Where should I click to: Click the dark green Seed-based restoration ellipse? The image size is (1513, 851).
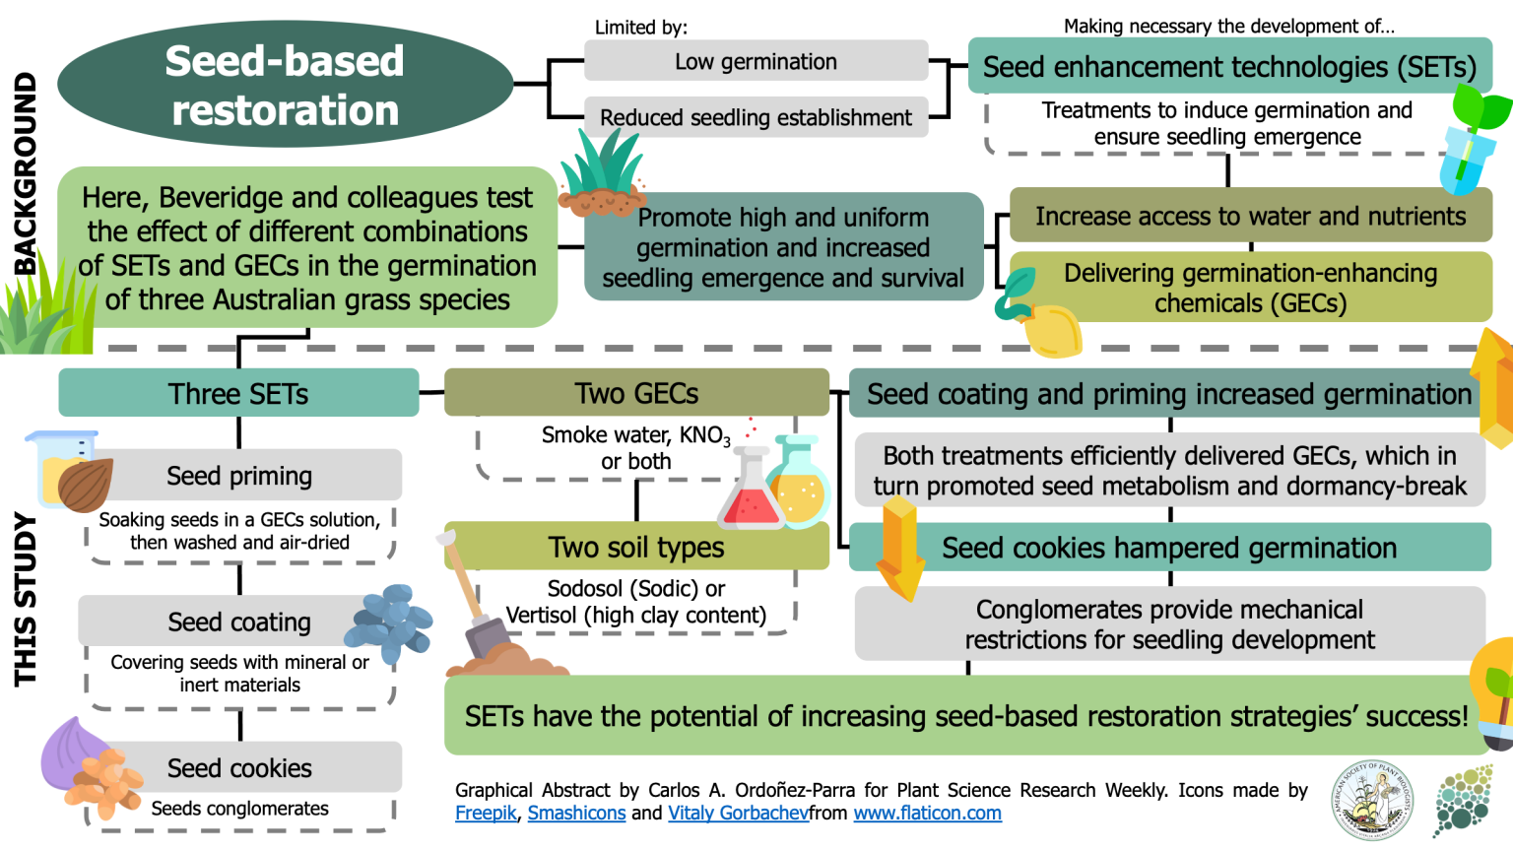pos(285,85)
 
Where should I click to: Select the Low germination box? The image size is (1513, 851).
pos(756,61)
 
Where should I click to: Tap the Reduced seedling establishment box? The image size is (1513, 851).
pos(756,117)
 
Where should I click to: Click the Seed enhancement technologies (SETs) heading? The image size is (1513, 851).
pos(1228,66)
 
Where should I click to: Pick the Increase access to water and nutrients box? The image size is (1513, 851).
pos(1250,216)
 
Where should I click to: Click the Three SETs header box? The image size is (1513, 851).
pos(238,393)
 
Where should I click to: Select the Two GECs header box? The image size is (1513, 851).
pos(636,393)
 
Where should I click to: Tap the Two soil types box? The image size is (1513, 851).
pos(636,547)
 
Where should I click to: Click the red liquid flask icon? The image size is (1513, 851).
pos(751,492)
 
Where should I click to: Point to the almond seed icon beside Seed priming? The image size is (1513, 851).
pos(84,483)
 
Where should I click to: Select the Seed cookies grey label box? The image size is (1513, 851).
pos(239,767)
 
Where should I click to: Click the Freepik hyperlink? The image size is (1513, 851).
pos(486,814)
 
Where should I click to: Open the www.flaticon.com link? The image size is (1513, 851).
pos(927,814)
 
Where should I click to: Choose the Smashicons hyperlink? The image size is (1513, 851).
pos(576,814)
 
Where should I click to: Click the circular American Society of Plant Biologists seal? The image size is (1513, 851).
pos(1372,799)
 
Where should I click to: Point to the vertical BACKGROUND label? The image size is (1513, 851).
pos(25,173)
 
